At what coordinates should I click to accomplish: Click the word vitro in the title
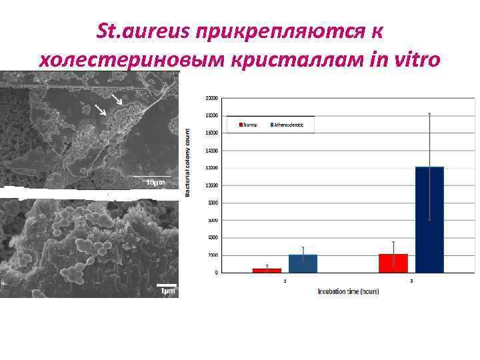click(416, 59)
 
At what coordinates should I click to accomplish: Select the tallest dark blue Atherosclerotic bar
click(429, 219)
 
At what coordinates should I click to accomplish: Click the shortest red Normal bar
click(267, 270)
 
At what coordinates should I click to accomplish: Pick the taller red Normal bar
click(393, 263)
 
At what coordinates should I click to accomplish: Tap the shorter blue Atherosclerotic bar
click(303, 263)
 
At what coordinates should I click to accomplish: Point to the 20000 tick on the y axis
click(211, 98)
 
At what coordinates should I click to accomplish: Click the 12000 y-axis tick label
click(211, 168)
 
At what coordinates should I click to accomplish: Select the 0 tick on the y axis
click(215, 273)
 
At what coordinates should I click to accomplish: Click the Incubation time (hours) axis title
click(347, 291)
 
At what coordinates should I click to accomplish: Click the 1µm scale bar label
click(167, 290)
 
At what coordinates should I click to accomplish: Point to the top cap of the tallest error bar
click(429, 114)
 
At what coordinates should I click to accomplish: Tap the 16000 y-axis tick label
click(211, 133)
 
